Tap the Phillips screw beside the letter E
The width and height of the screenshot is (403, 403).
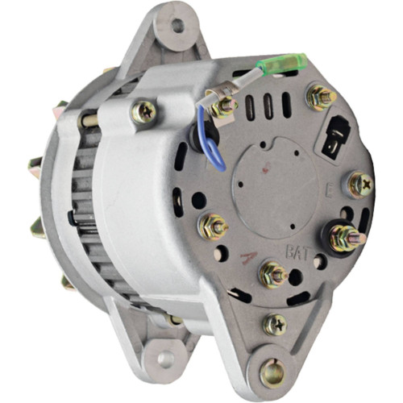click(x=360, y=185)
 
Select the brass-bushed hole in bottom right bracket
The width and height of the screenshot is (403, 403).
click(x=271, y=372)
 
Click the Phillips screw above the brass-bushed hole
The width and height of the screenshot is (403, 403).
click(x=274, y=324)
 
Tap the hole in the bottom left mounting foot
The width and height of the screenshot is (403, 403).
click(x=165, y=358)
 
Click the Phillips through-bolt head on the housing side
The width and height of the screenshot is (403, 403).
click(x=144, y=113)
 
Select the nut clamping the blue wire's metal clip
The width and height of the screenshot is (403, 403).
click(x=223, y=105)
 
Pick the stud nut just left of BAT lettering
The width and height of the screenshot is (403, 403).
click(x=272, y=273)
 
